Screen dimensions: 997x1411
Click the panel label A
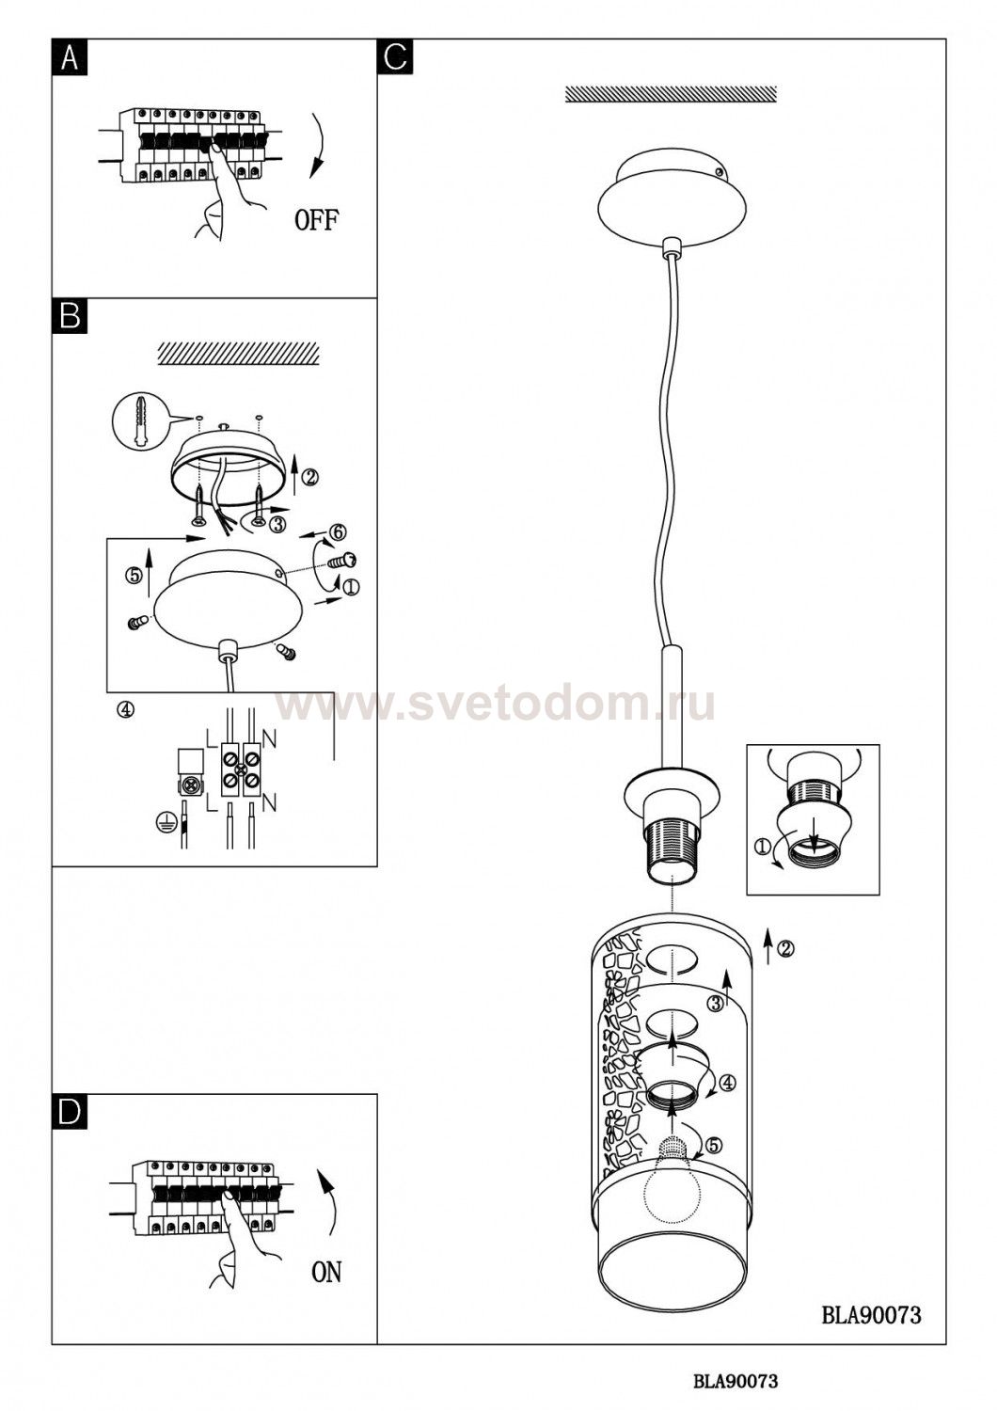coord(70,58)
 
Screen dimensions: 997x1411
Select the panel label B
coord(70,316)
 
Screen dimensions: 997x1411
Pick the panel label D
coord(70,1112)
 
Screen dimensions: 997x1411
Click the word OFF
coord(316,220)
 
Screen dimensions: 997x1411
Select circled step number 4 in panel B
coord(125,708)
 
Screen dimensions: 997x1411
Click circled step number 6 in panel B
coord(337,532)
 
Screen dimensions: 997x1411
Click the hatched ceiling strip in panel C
coord(671,93)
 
